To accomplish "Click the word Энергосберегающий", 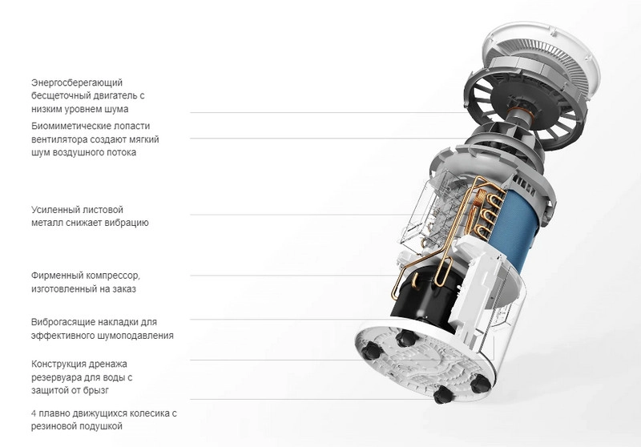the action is tap(77, 83).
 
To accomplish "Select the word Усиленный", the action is tap(54, 210).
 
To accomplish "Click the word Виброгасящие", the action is tap(64, 322).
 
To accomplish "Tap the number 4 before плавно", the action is tap(34, 413).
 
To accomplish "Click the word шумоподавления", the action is tap(135, 336).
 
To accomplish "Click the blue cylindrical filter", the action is tap(520, 229).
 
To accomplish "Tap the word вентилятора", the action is tap(59, 139).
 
